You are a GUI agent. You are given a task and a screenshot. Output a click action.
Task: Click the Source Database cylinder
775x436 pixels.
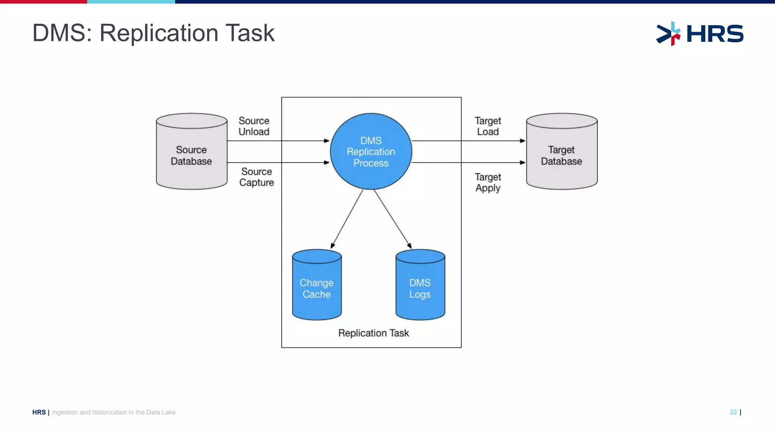191,155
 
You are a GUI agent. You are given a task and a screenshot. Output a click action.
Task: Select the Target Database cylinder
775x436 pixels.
562,155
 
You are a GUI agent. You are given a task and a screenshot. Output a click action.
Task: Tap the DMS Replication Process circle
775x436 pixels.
371,151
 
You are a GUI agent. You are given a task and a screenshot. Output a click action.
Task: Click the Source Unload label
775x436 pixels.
254,126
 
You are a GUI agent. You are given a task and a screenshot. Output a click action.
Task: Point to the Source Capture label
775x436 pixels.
257,177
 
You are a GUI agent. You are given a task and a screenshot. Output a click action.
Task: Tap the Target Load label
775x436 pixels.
488,126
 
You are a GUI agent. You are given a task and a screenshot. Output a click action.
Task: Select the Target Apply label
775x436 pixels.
488,182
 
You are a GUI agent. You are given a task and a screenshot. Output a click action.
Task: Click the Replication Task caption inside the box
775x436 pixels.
373,333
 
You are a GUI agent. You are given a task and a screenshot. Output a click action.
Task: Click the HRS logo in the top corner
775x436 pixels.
700,34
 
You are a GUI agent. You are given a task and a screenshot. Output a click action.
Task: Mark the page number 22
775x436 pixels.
733,412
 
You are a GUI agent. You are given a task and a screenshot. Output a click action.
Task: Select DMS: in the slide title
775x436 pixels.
62,33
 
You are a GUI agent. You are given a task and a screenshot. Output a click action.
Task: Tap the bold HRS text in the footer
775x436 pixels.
39,412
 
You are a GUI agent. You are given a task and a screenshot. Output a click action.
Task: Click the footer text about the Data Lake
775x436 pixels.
114,412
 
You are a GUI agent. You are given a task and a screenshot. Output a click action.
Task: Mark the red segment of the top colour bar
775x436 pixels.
44,2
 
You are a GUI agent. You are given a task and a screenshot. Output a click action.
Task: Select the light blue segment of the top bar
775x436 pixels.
131,2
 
